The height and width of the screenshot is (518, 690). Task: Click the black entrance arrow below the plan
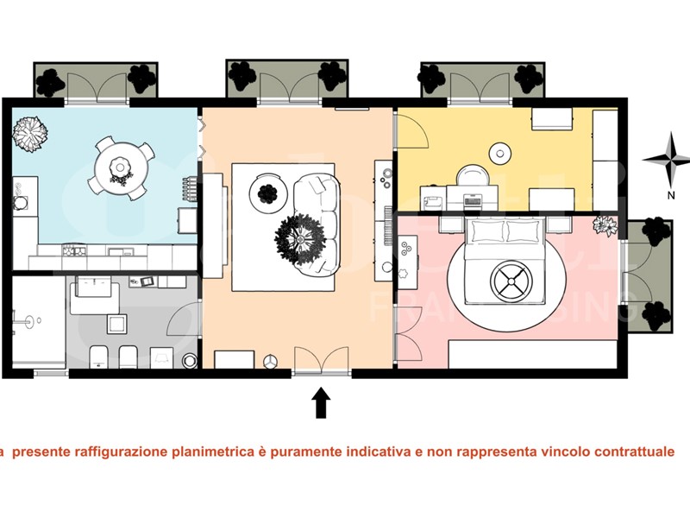click(x=321, y=402)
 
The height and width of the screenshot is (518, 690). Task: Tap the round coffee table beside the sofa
click(x=267, y=191)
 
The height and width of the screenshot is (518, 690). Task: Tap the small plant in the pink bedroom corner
click(x=606, y=226)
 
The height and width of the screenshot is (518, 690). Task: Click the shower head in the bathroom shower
click(x=32, y=321)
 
